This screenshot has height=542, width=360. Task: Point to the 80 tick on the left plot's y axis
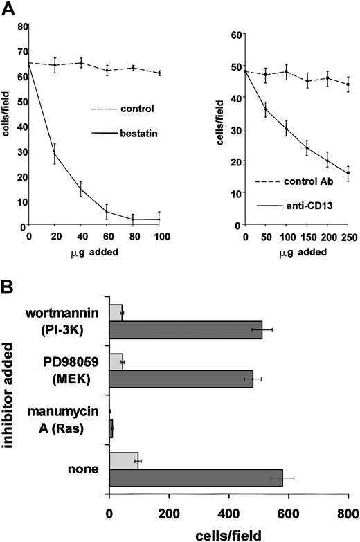tap(15, 26)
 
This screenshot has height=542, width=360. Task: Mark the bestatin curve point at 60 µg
tap(107, 212)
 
